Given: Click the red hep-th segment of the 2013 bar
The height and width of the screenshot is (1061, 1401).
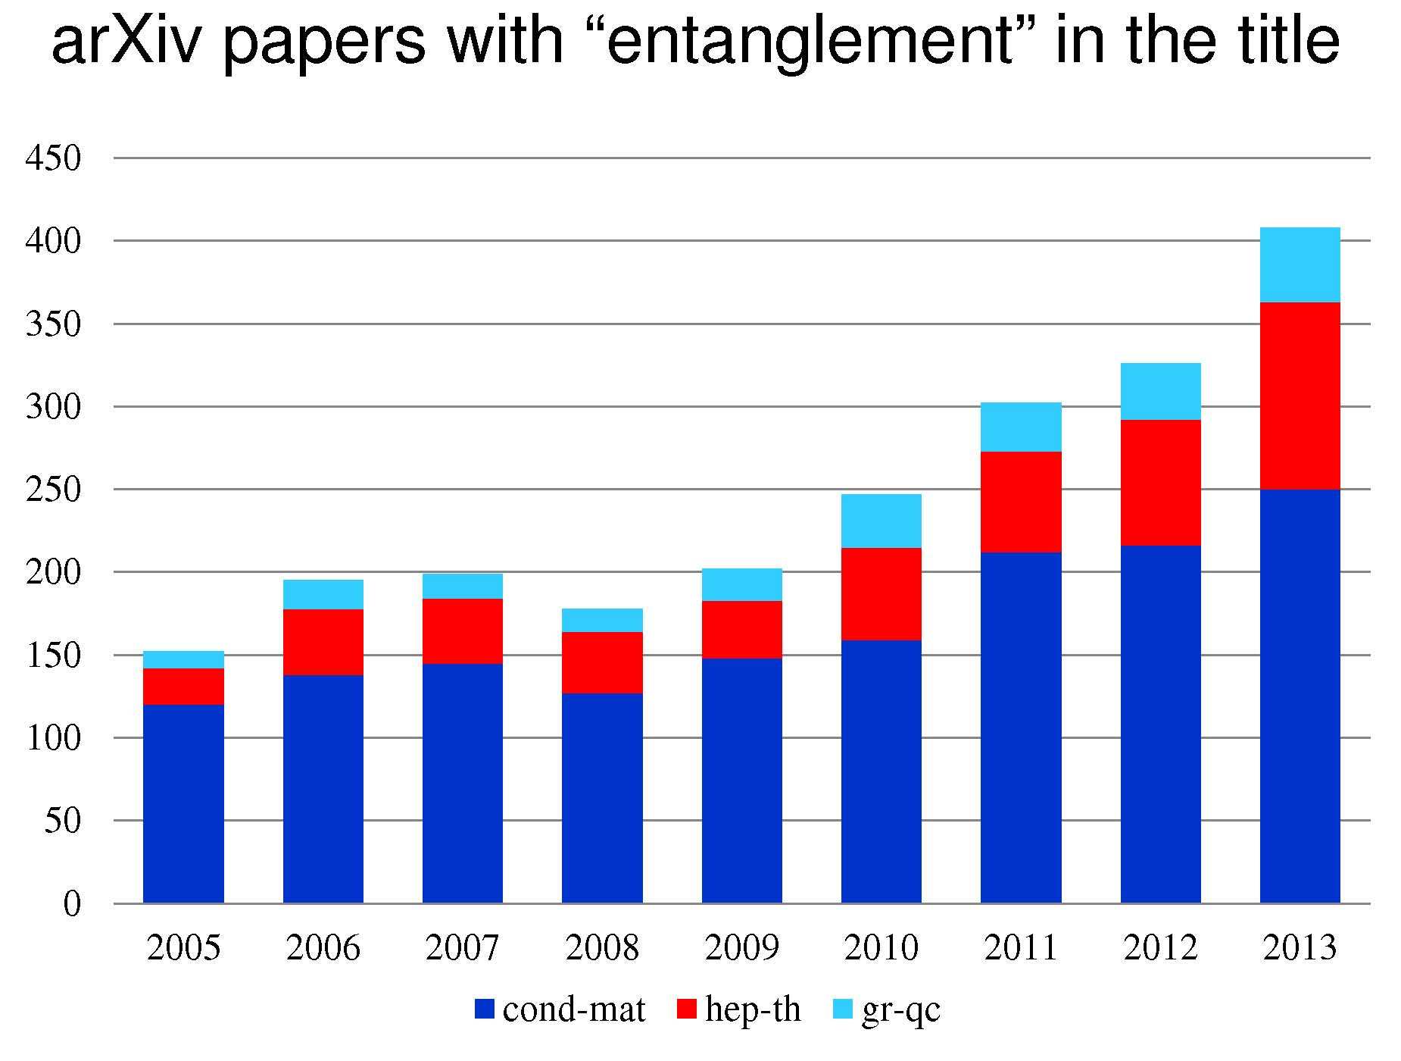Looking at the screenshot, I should point(1300,396).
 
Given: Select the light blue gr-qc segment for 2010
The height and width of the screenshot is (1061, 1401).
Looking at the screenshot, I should point(881,521).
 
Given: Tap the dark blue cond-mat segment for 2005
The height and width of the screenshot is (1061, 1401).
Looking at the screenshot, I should point(183,803).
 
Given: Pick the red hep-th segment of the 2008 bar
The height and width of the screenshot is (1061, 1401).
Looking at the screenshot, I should point(602,662).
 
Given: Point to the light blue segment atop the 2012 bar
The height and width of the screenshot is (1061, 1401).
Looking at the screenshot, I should point(1160,391).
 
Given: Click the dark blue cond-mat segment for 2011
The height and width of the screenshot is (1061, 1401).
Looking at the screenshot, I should point(1021,728).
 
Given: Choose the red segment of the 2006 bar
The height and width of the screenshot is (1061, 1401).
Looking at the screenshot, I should point(323,642).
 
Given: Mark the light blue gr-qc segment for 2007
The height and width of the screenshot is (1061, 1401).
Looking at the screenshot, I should point(462,586).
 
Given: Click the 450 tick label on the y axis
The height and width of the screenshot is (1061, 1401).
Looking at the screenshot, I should point(53,158).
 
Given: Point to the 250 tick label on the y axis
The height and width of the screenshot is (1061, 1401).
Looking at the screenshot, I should point(53,490).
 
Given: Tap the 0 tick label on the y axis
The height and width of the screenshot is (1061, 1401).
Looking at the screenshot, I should point(71,903).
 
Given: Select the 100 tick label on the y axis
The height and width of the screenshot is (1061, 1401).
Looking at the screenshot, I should point(53,738).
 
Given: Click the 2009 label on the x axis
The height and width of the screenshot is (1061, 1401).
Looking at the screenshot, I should point(741,948).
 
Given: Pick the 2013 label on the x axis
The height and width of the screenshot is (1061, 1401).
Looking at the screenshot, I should point(1300,948).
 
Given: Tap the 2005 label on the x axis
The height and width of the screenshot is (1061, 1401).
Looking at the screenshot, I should point(183,948).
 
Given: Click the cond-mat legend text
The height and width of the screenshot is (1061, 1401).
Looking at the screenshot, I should point(573,1009).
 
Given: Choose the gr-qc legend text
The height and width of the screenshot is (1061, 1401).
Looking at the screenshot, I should point(900,1009).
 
